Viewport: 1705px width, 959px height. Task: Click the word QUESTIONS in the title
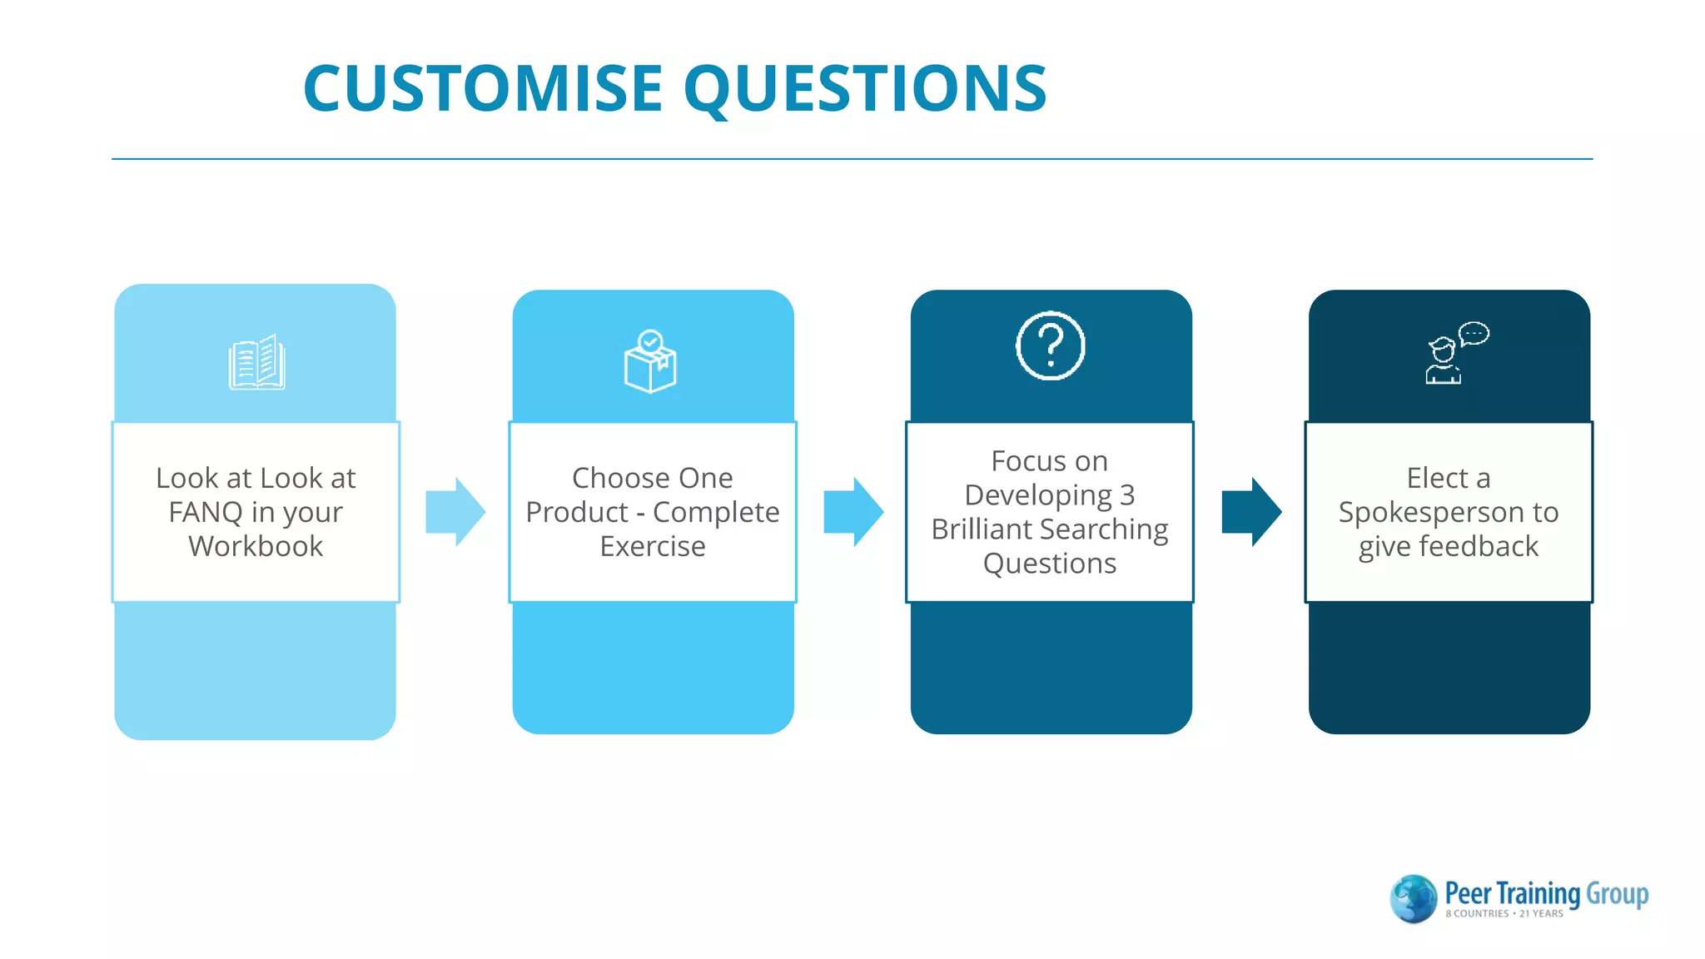coord(866,88)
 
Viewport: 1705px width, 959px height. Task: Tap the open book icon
coord(256,363)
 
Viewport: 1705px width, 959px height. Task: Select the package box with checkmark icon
coord(650,362)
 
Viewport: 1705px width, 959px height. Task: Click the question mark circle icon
coord(1051,345)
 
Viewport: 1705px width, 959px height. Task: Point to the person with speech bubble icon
coord(1454,354)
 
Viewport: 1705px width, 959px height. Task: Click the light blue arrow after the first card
coord(455,511)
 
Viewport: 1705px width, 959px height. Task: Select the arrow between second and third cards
coord(852,511)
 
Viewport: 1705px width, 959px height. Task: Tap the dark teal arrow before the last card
coord(1250,511)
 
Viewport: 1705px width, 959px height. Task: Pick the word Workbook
coord(256,547)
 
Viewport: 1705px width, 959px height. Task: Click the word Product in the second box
coord(577,513)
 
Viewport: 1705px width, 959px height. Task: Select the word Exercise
coord(653,547)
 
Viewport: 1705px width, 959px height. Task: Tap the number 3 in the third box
coord(1127,496)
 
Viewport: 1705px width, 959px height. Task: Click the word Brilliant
coord(982,529)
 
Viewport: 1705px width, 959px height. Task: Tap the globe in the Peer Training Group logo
coord(1413,898)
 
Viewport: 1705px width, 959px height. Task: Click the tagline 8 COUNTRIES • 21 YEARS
coord(1504,914)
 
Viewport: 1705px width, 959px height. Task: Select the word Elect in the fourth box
coord(1437,479)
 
